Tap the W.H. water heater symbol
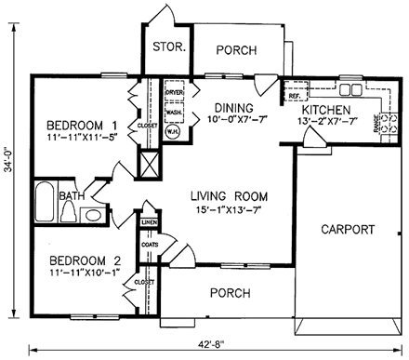[x=173, y=131]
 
